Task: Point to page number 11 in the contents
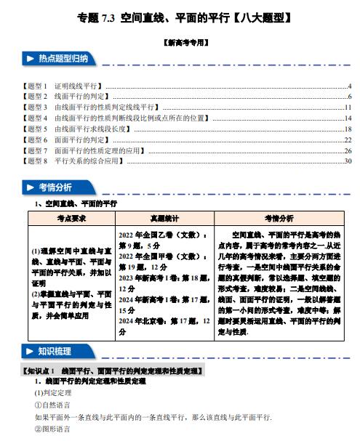(x=348, y=108)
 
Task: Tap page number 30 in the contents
(x=348, y=161)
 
